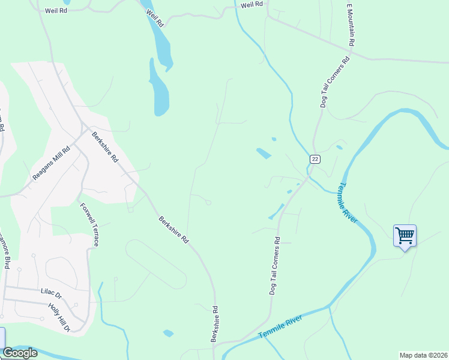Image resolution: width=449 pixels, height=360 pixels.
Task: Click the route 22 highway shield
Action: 315,159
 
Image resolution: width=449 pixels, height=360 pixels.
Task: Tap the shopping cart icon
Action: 405,235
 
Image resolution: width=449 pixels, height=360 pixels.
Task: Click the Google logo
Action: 20,353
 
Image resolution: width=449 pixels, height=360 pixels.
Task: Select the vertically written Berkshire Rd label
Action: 214,325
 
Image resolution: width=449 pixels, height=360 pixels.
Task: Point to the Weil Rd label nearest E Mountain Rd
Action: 252,5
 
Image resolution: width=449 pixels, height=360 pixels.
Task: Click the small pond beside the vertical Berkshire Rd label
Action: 168,333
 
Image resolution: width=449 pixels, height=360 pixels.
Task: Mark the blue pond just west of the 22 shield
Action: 263,154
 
